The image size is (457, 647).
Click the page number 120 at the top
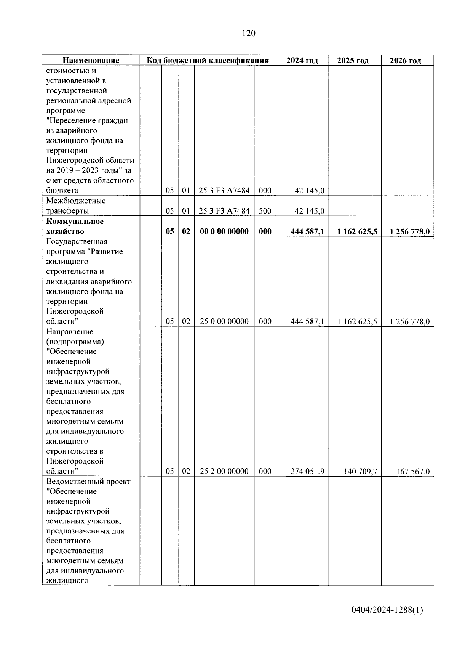tap(248, 34)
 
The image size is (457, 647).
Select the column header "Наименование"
tap(91, 60)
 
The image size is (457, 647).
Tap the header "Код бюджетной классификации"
tap(208, 60)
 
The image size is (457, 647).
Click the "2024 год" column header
tap(302, 61)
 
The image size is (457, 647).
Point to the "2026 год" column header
tap(405, 61)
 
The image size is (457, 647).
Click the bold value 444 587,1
tap(307, 231)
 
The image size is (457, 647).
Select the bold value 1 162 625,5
tap(357, 231)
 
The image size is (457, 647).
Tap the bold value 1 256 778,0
tap(410, 231)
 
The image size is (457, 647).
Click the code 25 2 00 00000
tap(224, 471)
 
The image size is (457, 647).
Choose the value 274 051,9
tap(307, 471)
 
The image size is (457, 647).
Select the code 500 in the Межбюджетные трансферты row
tap(265, 211)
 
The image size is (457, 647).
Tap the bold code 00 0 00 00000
tap(224, 231)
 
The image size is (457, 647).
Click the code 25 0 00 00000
tap(224, 321)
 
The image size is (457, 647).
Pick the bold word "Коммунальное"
tap(75, 221)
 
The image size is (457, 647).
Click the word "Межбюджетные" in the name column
tap(76, 201)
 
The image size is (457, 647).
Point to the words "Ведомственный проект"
tap(88, 482)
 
